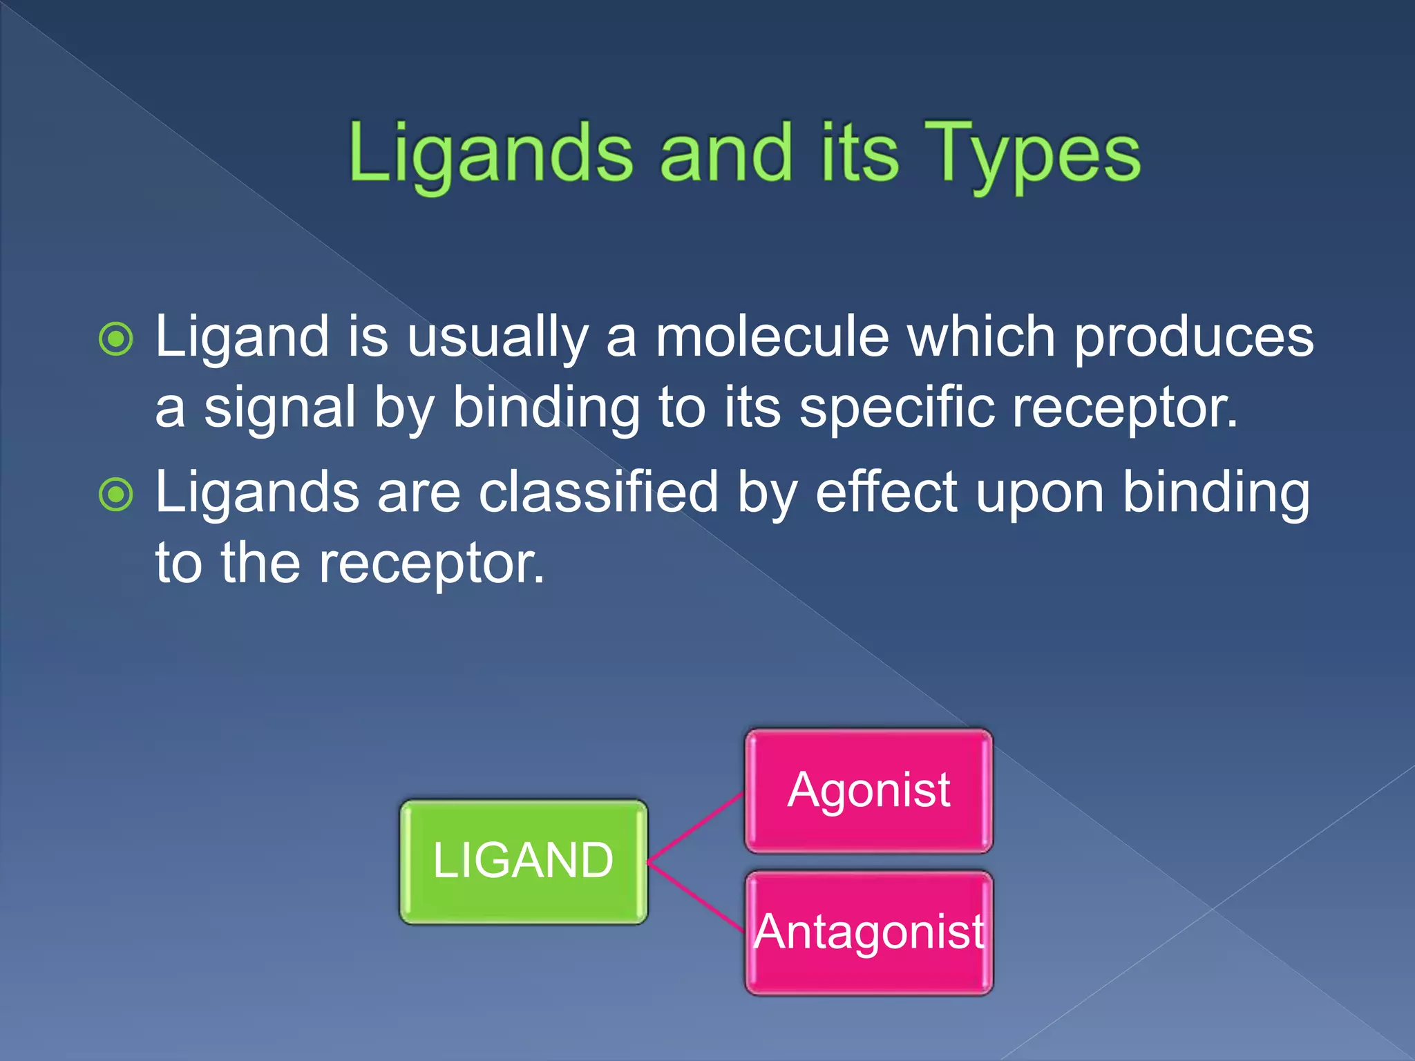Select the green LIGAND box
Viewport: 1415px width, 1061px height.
(x=524, y=861)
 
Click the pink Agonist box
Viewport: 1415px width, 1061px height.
(x=868, y=790)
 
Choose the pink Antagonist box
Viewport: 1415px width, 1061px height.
(x=868, y=933)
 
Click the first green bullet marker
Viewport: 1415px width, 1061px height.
(x=115, y=338)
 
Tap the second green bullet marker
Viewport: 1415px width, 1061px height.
(x=115, y=495)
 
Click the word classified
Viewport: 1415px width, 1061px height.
(x=598, y=493)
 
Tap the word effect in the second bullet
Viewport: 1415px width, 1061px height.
(x=886, y=493)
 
